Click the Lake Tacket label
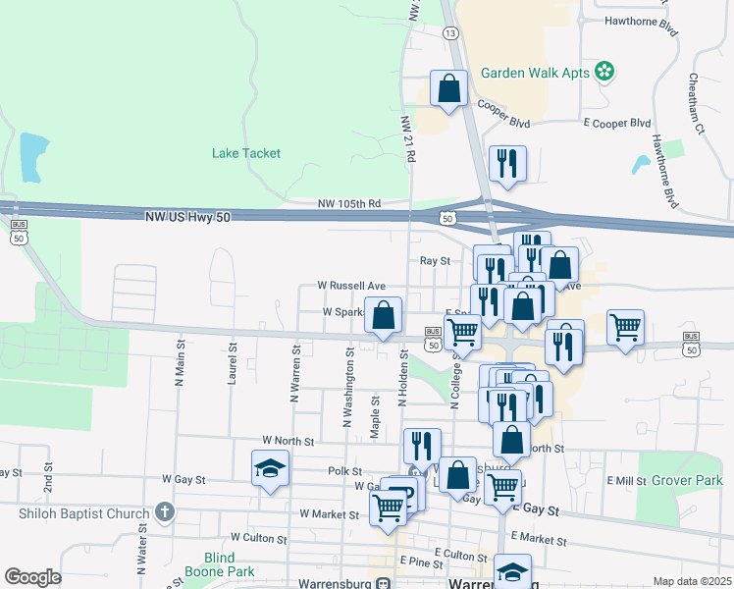click(x=246, y=153)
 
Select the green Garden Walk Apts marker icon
click(x=605, y=71)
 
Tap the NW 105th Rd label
click(x=348, y=204)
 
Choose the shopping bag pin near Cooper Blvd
click(x=448, y=89)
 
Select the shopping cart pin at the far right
click(x=625, y=326)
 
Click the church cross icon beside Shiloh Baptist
click(x=165, y=511)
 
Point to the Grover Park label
click(x=686, y=481)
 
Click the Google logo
click(x=33, y=577)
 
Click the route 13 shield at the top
click(x=450, y=33)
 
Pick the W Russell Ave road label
click(x=351, y=286)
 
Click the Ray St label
click(x=434, y=261)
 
